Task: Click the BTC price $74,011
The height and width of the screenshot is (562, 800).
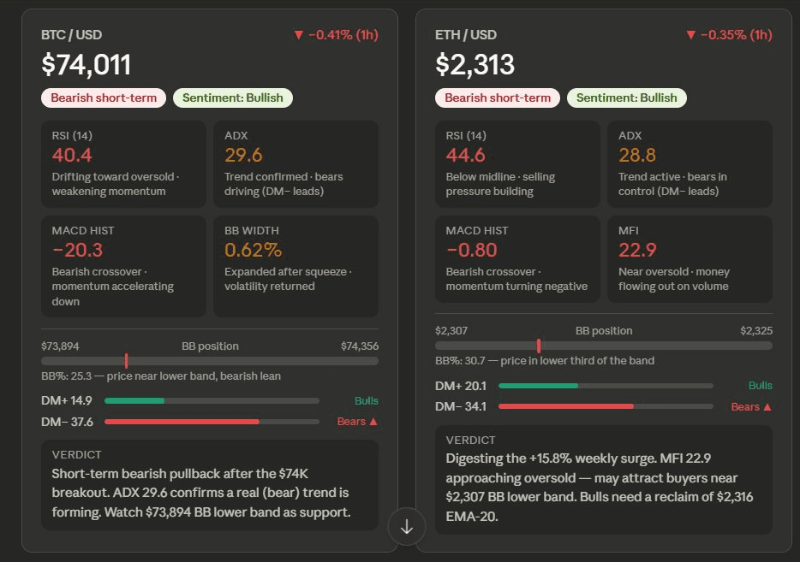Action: [87, 65]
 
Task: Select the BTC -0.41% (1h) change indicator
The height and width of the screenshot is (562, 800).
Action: [336, 34]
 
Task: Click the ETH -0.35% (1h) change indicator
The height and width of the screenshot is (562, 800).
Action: [729, 34]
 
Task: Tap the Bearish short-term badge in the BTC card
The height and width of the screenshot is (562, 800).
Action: [104, 98]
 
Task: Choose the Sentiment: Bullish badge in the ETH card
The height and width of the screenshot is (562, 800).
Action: [626, 98]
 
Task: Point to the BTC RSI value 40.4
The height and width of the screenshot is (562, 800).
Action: [72, 155]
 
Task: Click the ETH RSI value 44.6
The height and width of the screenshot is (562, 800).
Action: [466, 155]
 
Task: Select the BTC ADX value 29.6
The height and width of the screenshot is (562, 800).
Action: [243, 155]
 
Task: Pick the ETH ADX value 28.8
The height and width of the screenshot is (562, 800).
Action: [637, 155]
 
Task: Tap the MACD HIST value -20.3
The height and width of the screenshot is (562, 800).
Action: [77, 250]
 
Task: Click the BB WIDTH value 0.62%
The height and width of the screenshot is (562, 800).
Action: [253, 250]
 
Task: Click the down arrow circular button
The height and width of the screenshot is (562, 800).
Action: [407, 527]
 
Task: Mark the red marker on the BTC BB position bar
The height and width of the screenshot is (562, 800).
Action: [126, 361]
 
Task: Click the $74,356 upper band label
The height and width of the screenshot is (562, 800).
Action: [359, 346]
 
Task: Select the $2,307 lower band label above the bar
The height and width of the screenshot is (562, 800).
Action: [451, 330]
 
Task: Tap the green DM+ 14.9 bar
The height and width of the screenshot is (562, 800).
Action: [134, 400]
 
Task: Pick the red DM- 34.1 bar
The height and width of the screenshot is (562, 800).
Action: [565, 406]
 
